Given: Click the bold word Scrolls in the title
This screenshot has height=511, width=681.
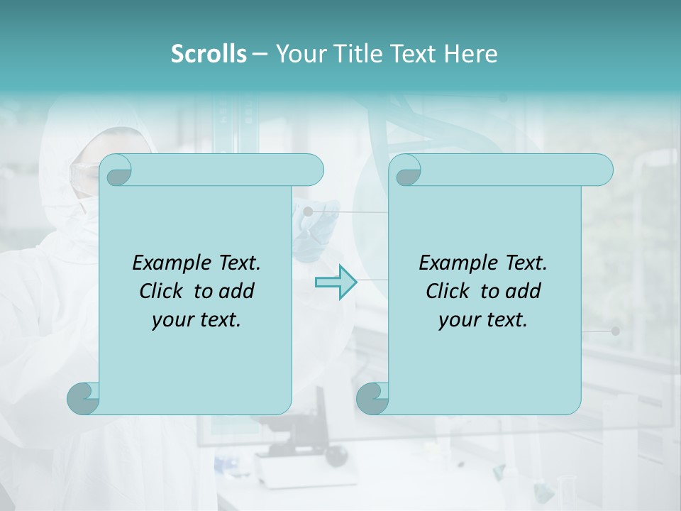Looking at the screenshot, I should pyautogui.click(x=209, y=54).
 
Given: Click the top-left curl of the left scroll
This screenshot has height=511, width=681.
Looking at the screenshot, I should pyautogui.click(x=116, y=170).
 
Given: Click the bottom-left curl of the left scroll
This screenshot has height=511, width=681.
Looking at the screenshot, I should pyautogui.click(x=83, y=397).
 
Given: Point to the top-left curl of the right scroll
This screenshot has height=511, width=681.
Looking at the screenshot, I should pyautogui.click(x=406, y=170).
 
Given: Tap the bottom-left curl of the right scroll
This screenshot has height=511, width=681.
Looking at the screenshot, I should pyautogui.click(x=372, y=397).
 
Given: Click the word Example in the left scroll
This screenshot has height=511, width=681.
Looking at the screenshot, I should pyautogui.click(x=167, y=263).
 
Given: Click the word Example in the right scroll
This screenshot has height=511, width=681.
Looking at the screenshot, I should pyautogui.click(x=454, y=263).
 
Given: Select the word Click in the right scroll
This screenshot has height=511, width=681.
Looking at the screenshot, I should pyautogui.click(x=447, y=291).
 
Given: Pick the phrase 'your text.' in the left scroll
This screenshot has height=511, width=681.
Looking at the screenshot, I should pyautogui.click(x=196, y=320).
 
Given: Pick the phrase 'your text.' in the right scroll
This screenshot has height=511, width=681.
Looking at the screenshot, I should pyautogui.click(x=483, y=320).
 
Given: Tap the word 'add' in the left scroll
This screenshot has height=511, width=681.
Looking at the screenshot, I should pyautogui.click(x=238, y=291).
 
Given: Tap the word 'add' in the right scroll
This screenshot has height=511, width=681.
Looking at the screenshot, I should pyautogui.click(x=524, y=291).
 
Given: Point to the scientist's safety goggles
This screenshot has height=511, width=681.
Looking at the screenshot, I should pyautogui.click(x=84, y=173).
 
